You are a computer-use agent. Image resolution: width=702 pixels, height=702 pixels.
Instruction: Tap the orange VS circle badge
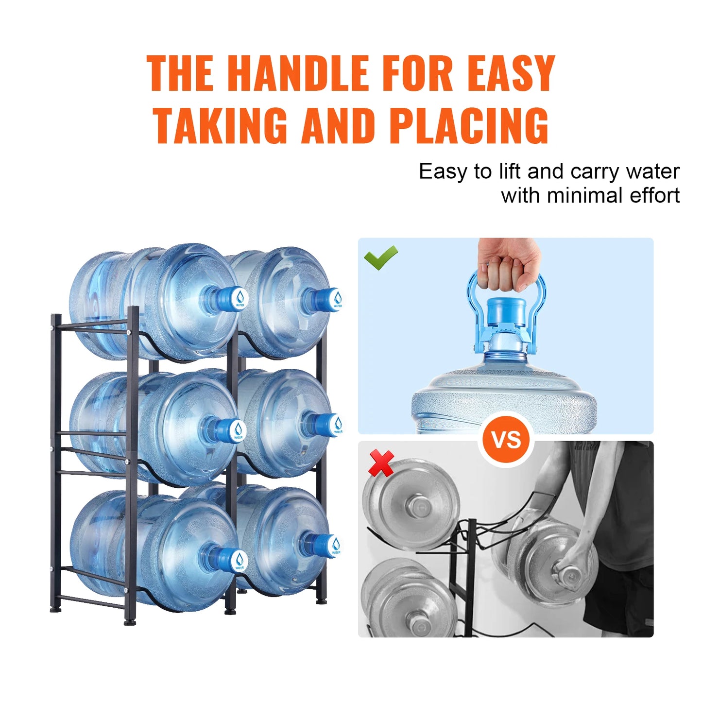pyautogui.click(x=506, y=440)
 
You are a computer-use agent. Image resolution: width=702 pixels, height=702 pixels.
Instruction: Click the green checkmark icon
pyautogui.click(x=381, y=257)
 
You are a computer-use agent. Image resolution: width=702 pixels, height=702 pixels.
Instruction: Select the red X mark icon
pyautogui.click(x=381, y=462)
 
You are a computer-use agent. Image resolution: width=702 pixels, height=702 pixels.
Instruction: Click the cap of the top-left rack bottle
pyautogui.click(x=233, y=298)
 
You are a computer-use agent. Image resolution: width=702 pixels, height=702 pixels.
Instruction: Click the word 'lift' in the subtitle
pyautogui.click(x=510, y=172)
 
